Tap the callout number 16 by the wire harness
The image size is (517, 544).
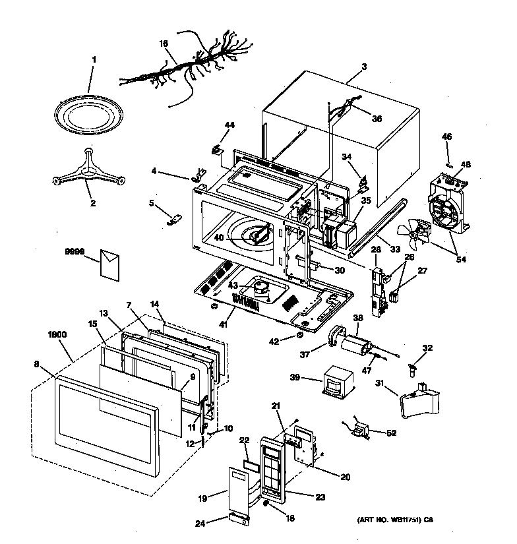(164, 44)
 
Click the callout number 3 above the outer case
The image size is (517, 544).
(364, 67)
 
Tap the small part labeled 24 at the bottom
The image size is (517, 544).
(239, 520)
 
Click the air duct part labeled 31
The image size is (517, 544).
(419, 400)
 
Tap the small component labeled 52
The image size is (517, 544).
(359, 433)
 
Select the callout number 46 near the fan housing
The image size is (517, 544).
(446, 136)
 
